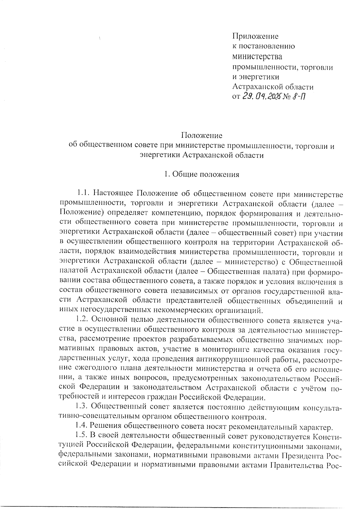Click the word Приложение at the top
[256, 37]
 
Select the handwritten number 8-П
[298, 97]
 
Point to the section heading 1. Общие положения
[202, 174]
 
